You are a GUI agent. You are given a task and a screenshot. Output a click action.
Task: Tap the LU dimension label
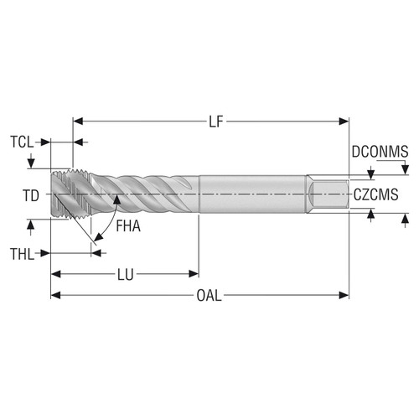coord(124,272)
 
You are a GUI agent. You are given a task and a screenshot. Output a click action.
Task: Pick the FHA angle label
coord(128,225)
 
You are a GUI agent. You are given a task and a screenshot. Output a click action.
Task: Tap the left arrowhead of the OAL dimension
coord(55,295)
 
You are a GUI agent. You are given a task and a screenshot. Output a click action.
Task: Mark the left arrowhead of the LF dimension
coord(78,122)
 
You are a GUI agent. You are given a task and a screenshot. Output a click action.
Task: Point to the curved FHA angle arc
coord(104,225)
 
